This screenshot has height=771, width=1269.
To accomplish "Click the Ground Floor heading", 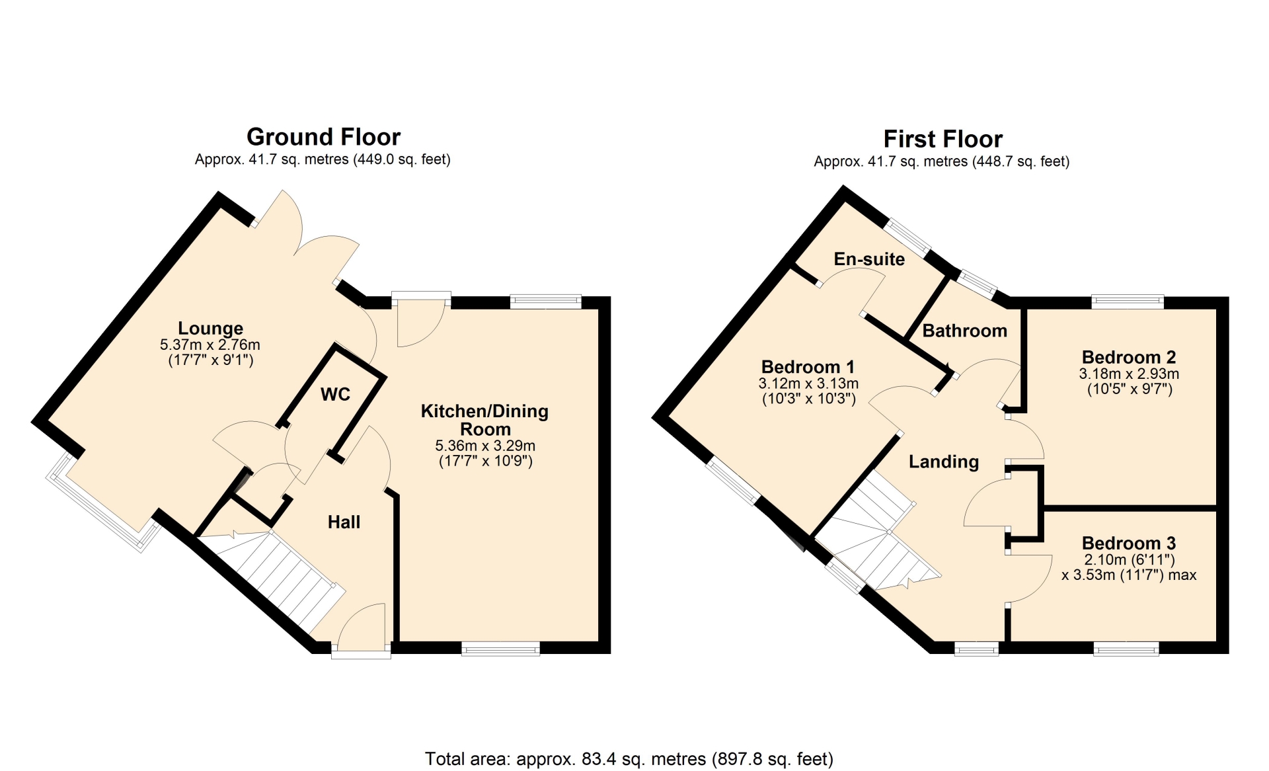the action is tap(323, 137).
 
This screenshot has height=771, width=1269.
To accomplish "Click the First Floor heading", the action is tap(942, 139).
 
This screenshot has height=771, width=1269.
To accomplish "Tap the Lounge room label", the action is tap(210, 328).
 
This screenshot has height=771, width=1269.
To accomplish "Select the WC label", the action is tap(335, 395).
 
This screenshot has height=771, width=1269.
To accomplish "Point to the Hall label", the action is tap(344, 522).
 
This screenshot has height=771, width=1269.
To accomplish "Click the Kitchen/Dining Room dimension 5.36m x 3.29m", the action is tap(485, 446).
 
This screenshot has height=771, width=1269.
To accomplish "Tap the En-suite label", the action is tap(869, 259).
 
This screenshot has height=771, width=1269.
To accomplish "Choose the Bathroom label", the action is tap(964, 331).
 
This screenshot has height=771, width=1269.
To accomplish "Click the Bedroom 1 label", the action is tap(808, 367).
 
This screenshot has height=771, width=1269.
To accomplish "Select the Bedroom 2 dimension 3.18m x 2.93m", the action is tap(1129, 374).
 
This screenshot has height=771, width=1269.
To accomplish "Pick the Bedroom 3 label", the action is tap(1129, 544).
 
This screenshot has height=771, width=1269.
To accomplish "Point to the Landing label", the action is tap(944, 462).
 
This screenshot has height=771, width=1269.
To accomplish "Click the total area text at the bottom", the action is tap(629, 758).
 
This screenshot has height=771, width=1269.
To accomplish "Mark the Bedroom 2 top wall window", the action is tap(1128, 302).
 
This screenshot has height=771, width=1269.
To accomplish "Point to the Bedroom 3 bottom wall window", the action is tap(1126, 649).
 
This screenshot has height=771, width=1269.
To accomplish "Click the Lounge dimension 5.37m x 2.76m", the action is tap(210, 345).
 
